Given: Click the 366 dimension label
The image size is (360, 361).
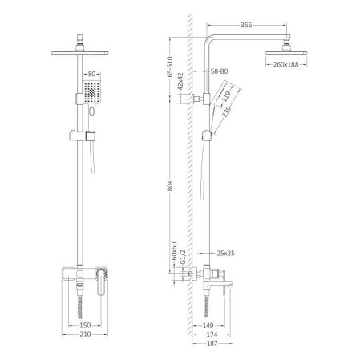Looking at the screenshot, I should coord(247,26).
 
